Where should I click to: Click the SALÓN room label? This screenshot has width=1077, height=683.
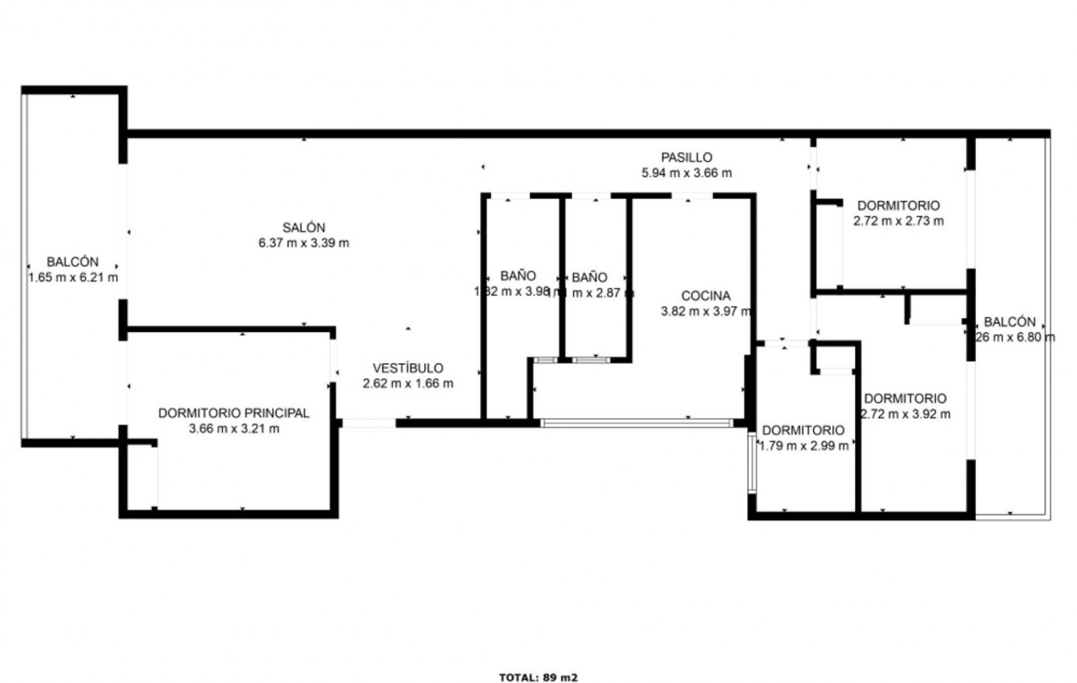[303, 227]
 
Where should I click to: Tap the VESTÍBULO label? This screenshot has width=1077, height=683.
[407, 367]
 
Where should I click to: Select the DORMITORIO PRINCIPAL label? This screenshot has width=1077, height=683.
[234, 412]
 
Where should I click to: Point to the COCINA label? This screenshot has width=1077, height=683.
[705, 296]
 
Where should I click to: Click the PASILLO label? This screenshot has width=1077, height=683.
[686, 157]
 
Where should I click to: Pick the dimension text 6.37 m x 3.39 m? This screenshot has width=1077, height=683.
[303, 244]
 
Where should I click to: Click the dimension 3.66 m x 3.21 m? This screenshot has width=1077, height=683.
[234, 429]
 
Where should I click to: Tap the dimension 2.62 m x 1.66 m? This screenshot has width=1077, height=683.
[407, 384]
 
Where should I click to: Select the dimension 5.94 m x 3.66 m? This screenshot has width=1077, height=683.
[686, 174]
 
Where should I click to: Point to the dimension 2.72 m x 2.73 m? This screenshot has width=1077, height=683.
[898, 221]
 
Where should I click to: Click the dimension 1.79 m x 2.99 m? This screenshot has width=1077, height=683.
[803, 446]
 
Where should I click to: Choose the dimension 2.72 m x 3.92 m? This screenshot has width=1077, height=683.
[905, 414]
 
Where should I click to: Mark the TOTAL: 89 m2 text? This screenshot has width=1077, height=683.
[538, 677]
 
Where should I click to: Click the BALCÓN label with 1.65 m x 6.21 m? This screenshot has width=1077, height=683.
[73, 261]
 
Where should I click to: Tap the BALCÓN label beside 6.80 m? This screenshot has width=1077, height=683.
[1009, 321]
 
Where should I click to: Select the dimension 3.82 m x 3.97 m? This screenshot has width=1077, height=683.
[705, 311]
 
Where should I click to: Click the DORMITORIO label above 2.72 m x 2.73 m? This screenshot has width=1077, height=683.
[898, 205]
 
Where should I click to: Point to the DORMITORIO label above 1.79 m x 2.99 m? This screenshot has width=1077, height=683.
[803, 430]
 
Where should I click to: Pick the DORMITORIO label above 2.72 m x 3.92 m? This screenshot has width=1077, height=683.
[905, 398]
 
